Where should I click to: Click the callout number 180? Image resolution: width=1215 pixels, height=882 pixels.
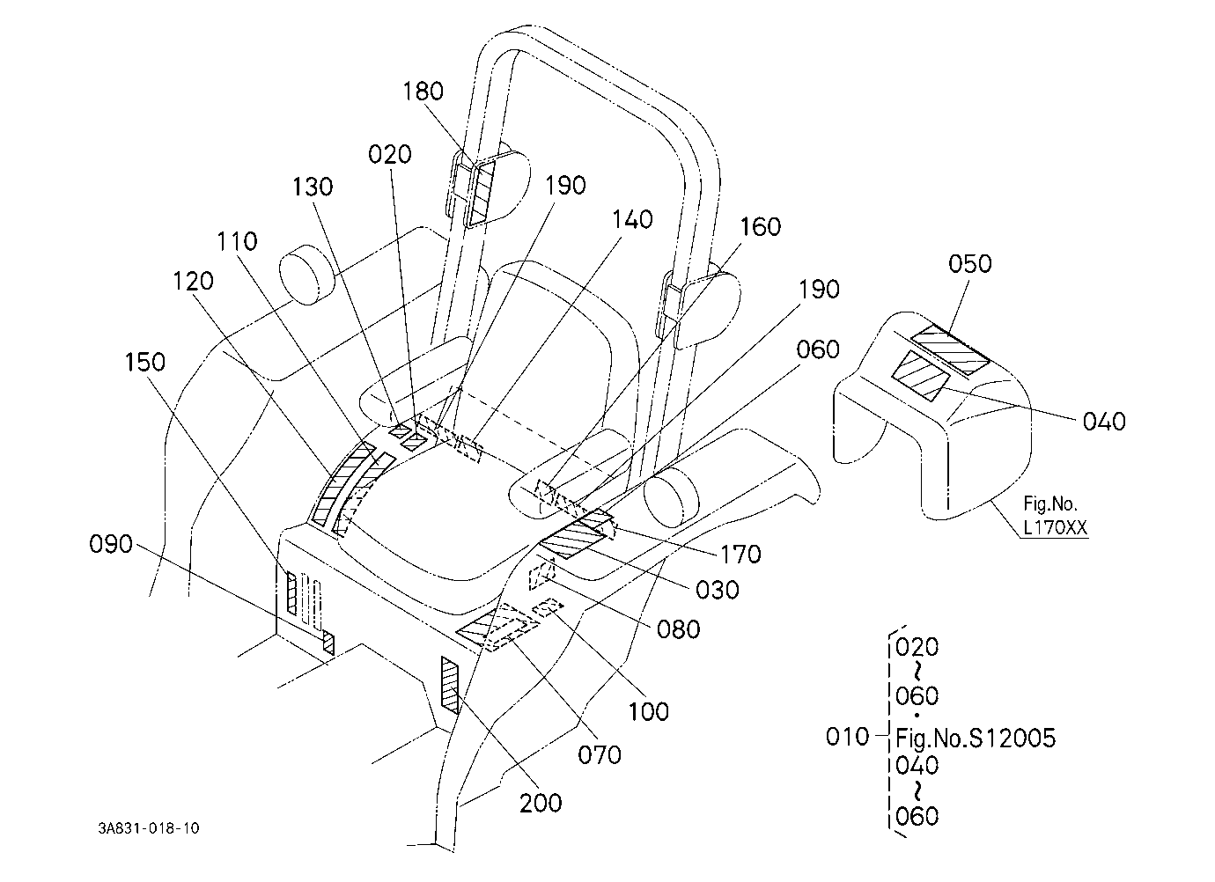(423, 92)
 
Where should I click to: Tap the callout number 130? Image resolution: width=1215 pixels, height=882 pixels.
(313, 187)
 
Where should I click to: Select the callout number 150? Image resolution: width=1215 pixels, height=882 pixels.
(144, 362)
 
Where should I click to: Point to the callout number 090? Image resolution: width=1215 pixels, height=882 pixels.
(111, 543)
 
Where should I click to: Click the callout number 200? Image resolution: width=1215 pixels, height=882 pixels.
(541, 803)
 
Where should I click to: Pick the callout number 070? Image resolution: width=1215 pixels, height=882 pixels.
(599, 754)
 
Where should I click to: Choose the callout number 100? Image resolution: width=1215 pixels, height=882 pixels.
(649, 711)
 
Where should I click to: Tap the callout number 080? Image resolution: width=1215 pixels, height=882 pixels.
(678, 629)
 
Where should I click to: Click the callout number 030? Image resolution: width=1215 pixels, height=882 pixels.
(717, 590)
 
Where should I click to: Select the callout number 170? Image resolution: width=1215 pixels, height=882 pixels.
(740, 554)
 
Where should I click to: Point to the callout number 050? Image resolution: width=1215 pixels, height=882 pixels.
(970, 263)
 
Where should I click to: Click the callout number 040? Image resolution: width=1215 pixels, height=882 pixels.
(1104, 422)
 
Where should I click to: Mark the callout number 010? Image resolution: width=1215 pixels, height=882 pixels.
(847, 737)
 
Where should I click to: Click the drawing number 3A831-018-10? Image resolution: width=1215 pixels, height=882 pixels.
(149, 828)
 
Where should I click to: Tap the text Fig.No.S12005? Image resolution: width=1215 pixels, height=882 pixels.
(976, 739)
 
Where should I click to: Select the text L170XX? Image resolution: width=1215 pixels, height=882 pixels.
(1055, 528)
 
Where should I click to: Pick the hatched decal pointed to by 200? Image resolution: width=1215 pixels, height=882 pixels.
(450, 685)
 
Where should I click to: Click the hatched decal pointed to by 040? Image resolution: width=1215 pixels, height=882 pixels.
(921, 376)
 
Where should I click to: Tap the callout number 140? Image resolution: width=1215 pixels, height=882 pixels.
(632, 220)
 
